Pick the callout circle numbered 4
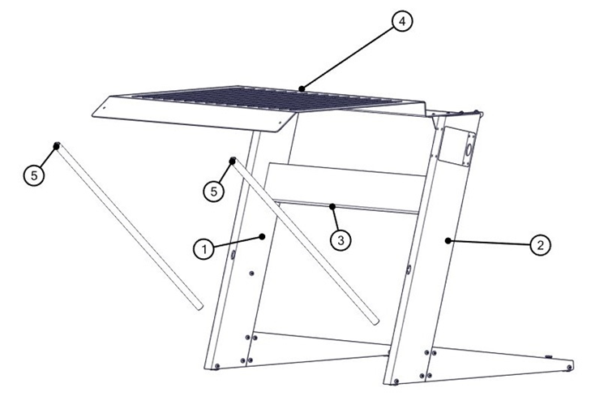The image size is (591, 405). point(400,21)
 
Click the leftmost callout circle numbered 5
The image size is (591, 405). point(32,174)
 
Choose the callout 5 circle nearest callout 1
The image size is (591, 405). point(213,191)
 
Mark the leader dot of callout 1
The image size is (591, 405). point(262,235)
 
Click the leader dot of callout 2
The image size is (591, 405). point(448,240)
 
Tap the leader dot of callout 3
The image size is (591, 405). point(332,206)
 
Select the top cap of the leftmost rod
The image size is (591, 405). point(57,146)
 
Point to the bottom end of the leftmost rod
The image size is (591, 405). point(197,306)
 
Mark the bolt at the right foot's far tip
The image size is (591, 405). point(570,368)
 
